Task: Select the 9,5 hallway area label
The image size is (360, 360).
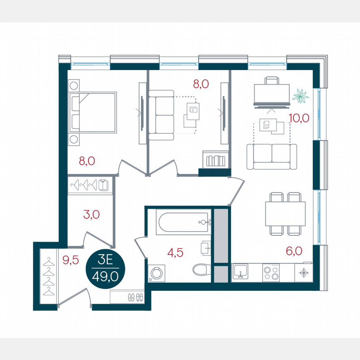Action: [x=70, y=260]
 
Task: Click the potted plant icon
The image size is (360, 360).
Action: [x=300, y=97]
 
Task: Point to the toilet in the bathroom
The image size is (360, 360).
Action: [x=202, y=269]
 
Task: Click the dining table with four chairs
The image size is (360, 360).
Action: [x=285, y=213]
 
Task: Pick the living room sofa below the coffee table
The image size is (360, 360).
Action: [x=272, y=156]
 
